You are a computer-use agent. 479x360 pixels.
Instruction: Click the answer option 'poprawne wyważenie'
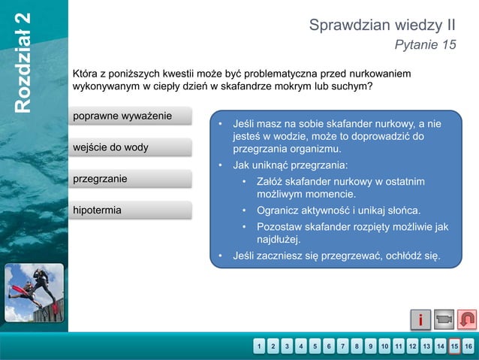131,116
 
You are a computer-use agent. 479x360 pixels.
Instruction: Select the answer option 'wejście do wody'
131,147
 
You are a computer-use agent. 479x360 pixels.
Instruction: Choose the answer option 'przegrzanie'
131,179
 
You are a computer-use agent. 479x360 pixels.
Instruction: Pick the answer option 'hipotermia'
131,210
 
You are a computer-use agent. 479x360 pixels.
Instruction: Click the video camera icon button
444,320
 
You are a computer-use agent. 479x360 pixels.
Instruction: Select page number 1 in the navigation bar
259,346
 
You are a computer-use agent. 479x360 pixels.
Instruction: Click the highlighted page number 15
454,346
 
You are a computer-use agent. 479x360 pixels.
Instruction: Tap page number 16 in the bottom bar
468,346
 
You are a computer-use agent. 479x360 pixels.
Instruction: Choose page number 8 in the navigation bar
357,346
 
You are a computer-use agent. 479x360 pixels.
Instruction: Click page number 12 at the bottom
412,346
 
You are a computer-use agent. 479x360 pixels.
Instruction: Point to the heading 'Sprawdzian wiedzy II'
382,26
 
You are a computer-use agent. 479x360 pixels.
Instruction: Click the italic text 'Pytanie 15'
425,45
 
